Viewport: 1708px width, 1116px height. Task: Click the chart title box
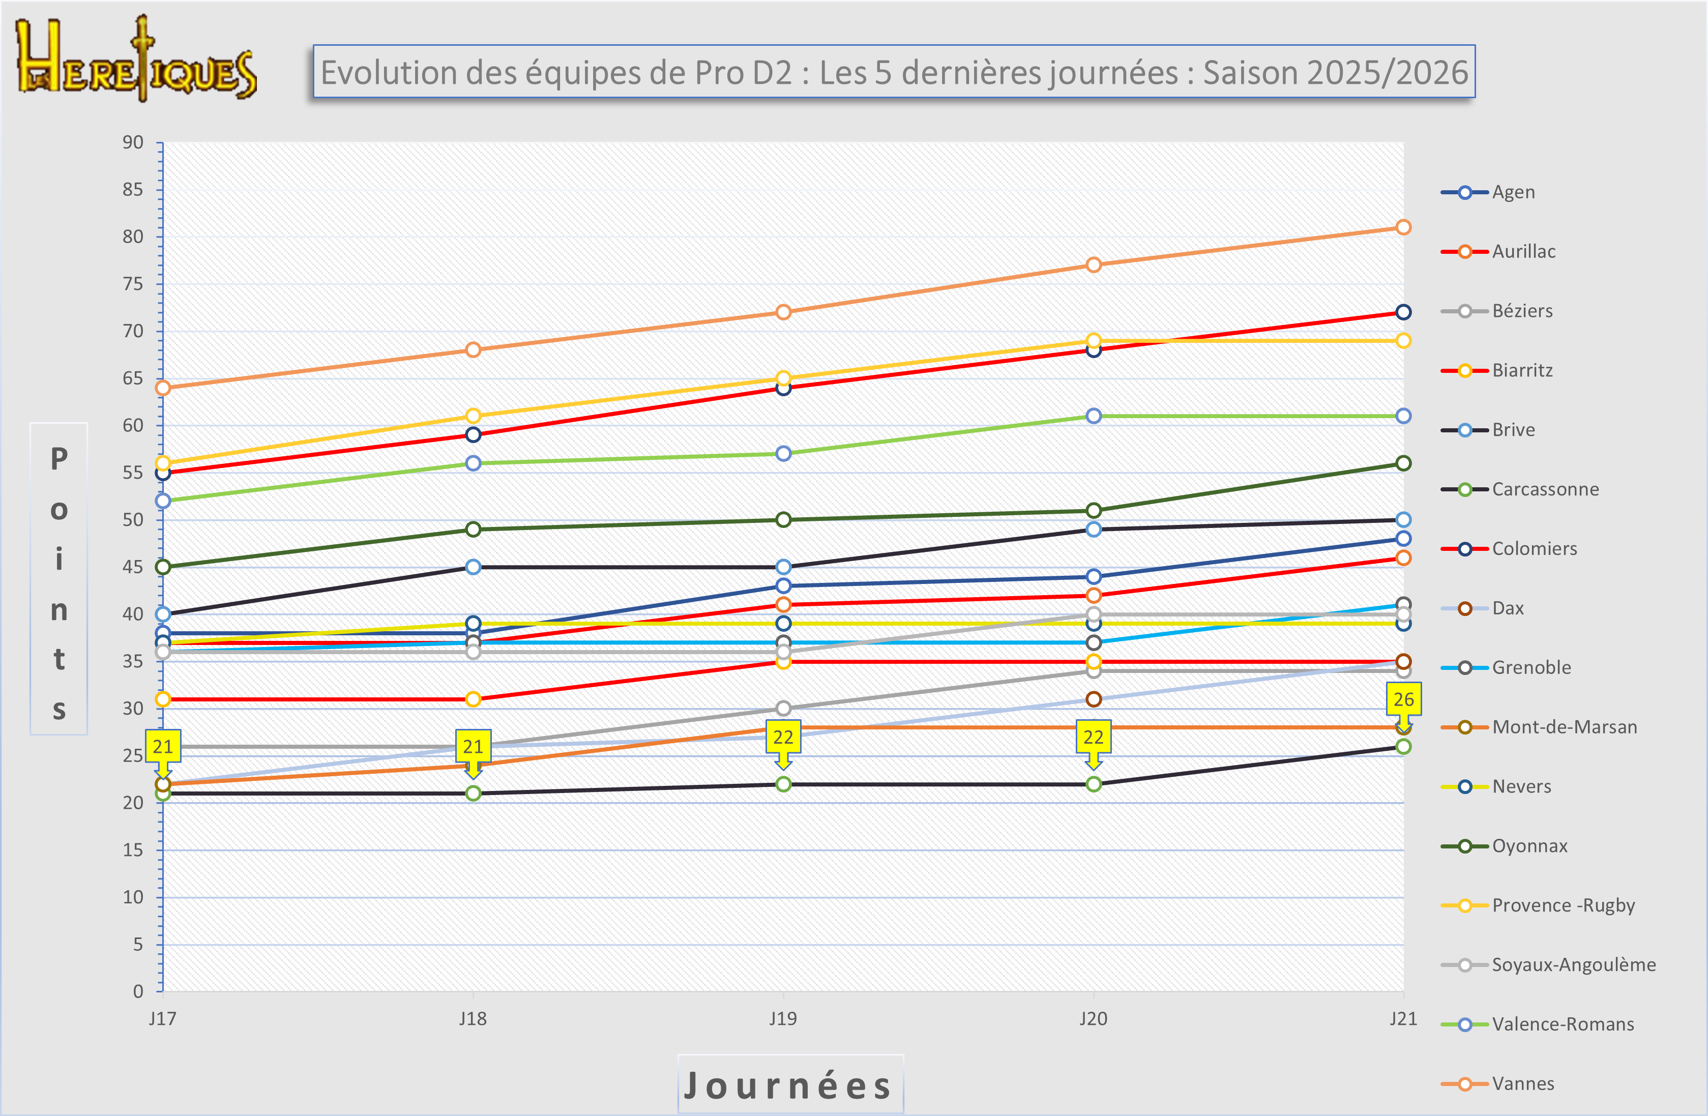pos(894,72)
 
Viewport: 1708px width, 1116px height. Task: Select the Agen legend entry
pos(1513,192)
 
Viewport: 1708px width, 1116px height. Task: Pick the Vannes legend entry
pos(1522,1084)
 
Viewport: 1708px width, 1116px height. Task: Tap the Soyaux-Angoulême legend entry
pos(1573,964)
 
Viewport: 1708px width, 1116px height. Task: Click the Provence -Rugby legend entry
pos(1563,905)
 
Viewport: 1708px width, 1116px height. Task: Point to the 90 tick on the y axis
pos(133,142)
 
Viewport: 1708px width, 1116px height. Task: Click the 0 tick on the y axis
pos(138,991)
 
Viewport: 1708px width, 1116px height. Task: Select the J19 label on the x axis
pos(783,1018)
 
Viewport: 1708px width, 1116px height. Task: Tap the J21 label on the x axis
pos(1403,1018)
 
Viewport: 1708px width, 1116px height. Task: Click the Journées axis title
pos(789,1084)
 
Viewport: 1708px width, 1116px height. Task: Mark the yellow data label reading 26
pos(1403,699)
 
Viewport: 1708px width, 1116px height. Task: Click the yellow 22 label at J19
pos(783,737)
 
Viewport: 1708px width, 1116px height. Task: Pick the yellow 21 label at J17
pos(163,746)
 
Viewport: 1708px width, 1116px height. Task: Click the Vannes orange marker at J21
pos(1403,227)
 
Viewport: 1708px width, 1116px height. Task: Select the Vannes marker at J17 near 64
pos(163,388)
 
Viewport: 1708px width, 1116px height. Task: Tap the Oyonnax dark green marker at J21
pos(1403,463)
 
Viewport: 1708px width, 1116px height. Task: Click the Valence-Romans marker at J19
pos(783,454)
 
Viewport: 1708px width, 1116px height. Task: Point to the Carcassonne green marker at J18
pos(473,793)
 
